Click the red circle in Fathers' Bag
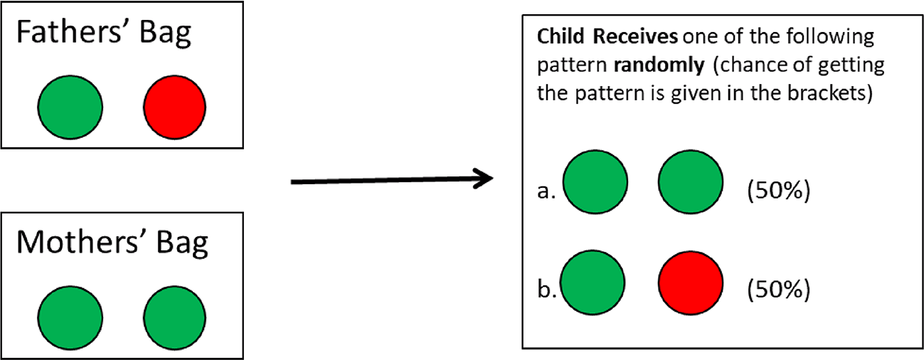(x=174, y=107)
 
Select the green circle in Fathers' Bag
(x=70, y=107)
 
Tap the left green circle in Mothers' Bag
(x=70, y=317)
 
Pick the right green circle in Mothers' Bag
(x=174, y=317)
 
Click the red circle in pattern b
(x=691, y=283)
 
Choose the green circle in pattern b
(x=593, y=282)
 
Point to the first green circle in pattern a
(x=595, y=182)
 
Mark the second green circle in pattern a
(x=691, y=182)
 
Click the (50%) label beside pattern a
(x=779, y=191)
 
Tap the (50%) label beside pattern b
(x=779, y=289)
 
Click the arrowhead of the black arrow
(x=484, y=179)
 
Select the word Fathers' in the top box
(x=69, y=32)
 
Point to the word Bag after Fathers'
(x=166, y=35)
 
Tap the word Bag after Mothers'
(x=182, y=245)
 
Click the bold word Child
(x=561, y=37)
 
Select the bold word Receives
(x=635, y=37)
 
